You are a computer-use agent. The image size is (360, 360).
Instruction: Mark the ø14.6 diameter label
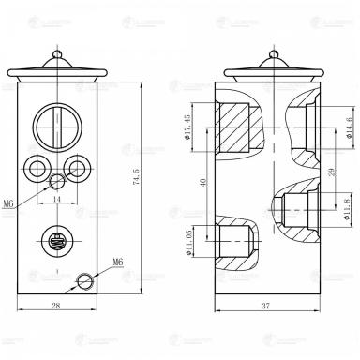(349, 124)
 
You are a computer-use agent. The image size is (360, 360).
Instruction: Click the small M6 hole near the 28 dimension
(86, 279)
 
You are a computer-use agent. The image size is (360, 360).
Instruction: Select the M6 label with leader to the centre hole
(8, 202)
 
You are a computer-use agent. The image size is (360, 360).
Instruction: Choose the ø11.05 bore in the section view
(230, 238)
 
